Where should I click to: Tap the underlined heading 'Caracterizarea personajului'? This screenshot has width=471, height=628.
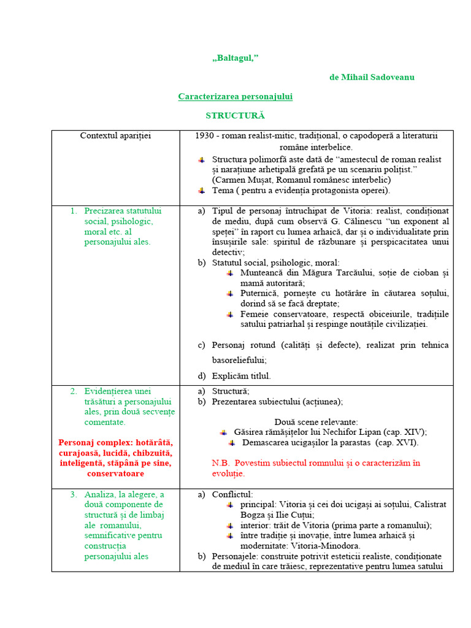pos(235,96)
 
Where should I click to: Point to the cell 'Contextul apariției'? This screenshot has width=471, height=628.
pos(115,136)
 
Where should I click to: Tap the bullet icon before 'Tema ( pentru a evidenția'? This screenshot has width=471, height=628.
pos(201,191)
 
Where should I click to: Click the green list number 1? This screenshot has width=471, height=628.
pos(73,211)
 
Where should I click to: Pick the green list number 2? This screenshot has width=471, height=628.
pos(73,391)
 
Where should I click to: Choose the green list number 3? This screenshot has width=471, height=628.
pos(73,494)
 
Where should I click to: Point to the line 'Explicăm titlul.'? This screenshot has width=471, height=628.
pos(241,376)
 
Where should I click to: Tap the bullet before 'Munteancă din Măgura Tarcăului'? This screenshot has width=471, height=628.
pos(229,273)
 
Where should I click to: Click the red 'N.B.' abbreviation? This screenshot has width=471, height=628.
pos(220,463)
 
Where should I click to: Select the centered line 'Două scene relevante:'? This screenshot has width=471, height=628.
pos(316,422)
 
